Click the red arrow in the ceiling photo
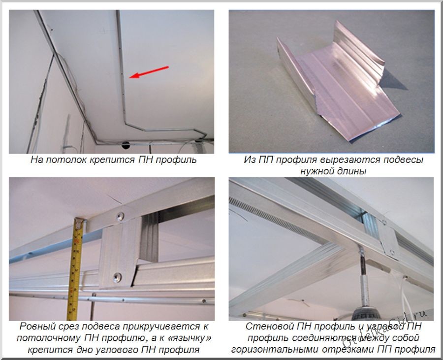click(x=149, y=72)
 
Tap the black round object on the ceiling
click(x=126, y=145)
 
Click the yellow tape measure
click(x=75, y=268)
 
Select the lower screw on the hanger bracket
click(x=117, y=277)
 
